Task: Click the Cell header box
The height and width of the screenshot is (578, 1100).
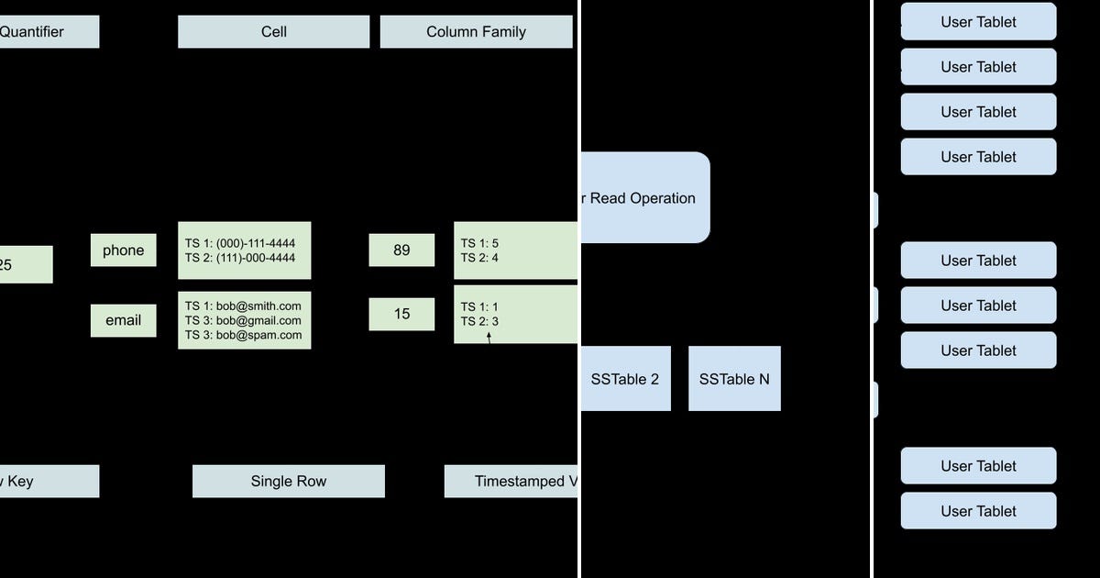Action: pos(273,31)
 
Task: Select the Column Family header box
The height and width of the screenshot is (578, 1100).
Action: pos(476,31)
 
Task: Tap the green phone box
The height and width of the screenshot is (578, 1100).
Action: pos(123,250)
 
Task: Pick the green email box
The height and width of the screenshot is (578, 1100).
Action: pos(123,320)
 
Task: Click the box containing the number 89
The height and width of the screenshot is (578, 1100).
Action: pos(401,250)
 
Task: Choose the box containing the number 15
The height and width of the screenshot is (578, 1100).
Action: pos(401,314)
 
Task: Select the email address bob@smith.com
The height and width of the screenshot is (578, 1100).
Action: pos(258,306)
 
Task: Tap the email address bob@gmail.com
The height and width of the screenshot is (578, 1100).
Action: pos(258,320)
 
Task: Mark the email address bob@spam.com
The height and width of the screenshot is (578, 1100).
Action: pos(258,335)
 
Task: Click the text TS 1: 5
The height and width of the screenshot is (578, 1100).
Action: pos(479,243)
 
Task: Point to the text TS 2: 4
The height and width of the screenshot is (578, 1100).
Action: pos(479,258)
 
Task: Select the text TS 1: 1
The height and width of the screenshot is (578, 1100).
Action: pos(479,306)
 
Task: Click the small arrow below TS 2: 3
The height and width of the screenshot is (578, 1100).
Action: pos(489,338)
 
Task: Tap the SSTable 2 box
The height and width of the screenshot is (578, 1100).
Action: pos(625,378)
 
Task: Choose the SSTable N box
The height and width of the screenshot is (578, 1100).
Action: pos(734,378)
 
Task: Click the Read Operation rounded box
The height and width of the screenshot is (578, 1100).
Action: pos(644,197)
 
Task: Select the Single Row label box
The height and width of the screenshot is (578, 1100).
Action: pos(288,481)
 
